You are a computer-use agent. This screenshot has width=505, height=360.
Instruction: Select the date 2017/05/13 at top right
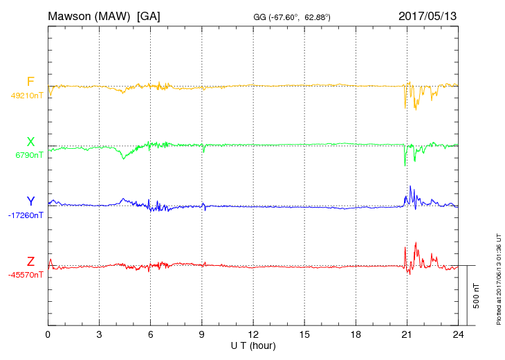[x=428, y=15]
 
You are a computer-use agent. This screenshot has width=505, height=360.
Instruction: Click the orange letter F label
[x=30, y=82]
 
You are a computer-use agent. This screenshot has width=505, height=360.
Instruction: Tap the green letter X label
[x=30, y=142]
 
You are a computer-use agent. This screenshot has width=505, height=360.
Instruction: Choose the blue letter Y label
[x=30, y=201]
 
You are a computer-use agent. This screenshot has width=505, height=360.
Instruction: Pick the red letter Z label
[x=30, y=261]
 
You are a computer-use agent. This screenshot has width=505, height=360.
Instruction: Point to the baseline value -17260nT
[x=26, y=215]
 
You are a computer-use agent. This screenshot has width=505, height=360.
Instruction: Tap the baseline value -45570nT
[x=26, y=275]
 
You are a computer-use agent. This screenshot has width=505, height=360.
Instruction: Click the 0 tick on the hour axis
[x=48, y=334]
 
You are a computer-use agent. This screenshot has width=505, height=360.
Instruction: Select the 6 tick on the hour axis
[x=150, y=334]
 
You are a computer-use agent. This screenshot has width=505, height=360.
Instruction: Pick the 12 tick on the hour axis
[x=253, y=334]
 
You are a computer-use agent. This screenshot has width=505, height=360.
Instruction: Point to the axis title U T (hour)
[x=253, y=345]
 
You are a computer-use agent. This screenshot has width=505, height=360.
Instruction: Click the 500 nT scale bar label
[x=477, y=296]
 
